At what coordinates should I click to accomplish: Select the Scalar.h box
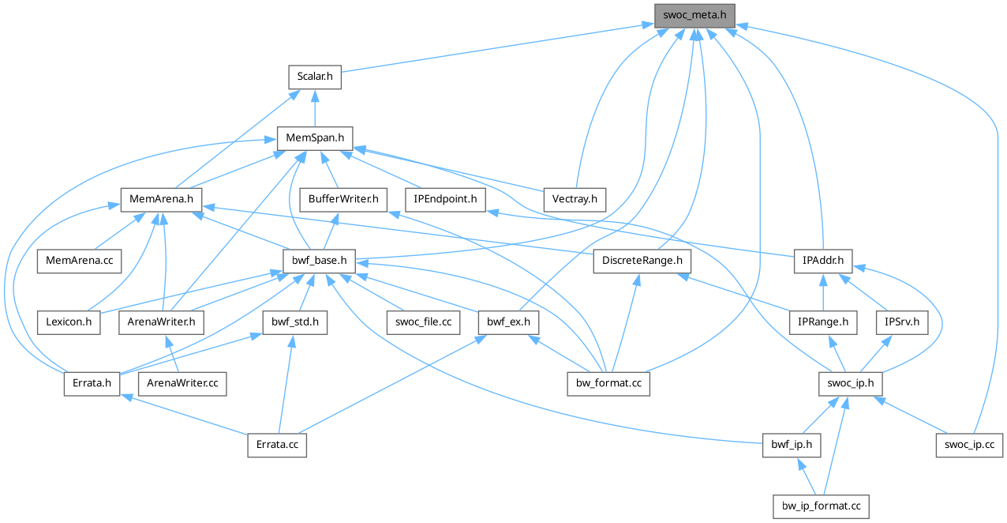(314, 77)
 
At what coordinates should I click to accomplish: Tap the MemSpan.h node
(314, 138)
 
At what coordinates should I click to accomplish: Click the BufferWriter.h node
(343, 199)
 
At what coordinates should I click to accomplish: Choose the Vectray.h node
(575, 199)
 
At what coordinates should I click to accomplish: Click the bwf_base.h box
(320, 260)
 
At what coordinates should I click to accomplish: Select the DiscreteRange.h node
(642, 260)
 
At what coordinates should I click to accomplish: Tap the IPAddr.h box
(823, 260)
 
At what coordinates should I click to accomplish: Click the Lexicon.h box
(69, 322)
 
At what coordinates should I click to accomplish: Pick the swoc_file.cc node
(423, 322)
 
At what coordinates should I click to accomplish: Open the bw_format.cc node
(608, 383)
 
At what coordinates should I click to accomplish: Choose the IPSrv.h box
(902, 322)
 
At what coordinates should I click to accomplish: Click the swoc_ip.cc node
(970, 444)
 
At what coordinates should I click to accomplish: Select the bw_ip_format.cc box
(821, 505)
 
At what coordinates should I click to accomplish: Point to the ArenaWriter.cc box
(182, 383)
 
